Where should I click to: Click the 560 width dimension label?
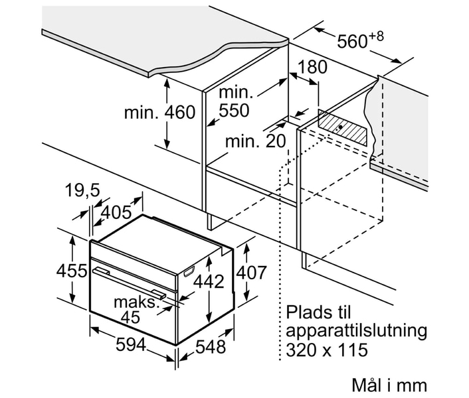352,41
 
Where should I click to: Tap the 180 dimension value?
312,67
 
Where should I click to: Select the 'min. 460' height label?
159,113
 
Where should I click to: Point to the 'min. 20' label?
256,141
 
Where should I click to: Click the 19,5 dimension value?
82,190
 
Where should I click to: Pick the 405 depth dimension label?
116,212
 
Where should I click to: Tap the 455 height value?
72,271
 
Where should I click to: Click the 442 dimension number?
209,281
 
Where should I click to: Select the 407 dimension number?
251,273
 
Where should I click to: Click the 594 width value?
131,345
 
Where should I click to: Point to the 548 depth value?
211,347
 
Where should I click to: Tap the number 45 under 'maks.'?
131,317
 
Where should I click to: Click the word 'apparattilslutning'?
356,332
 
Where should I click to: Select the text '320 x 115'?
327,350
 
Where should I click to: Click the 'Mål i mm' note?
389,385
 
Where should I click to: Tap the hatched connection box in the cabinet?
343,127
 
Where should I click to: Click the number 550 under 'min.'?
234,111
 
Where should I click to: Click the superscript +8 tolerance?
376,36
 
